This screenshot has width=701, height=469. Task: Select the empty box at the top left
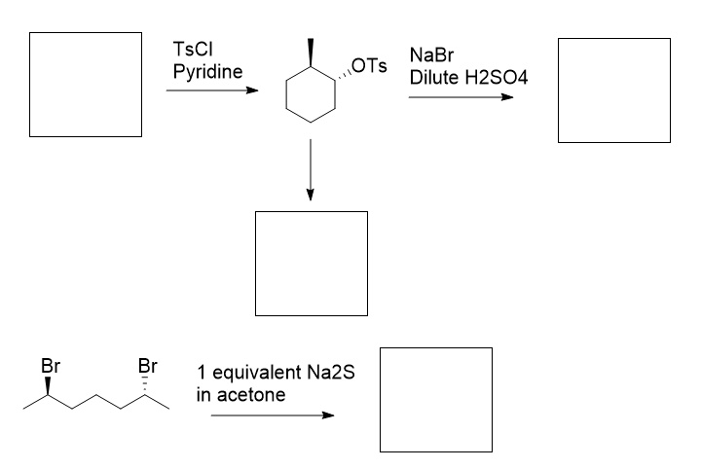(x=87, y=84)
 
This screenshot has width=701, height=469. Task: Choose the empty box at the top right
(x=613, y=90)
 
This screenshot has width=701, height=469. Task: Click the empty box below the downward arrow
(x=311, y=263)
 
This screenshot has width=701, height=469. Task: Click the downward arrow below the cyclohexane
(x=310, y=170)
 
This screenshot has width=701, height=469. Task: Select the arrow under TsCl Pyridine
(x=212, y=90)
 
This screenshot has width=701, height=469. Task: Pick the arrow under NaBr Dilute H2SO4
(x=461, y=97)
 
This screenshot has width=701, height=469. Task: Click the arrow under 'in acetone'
(x=272, y=415)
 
